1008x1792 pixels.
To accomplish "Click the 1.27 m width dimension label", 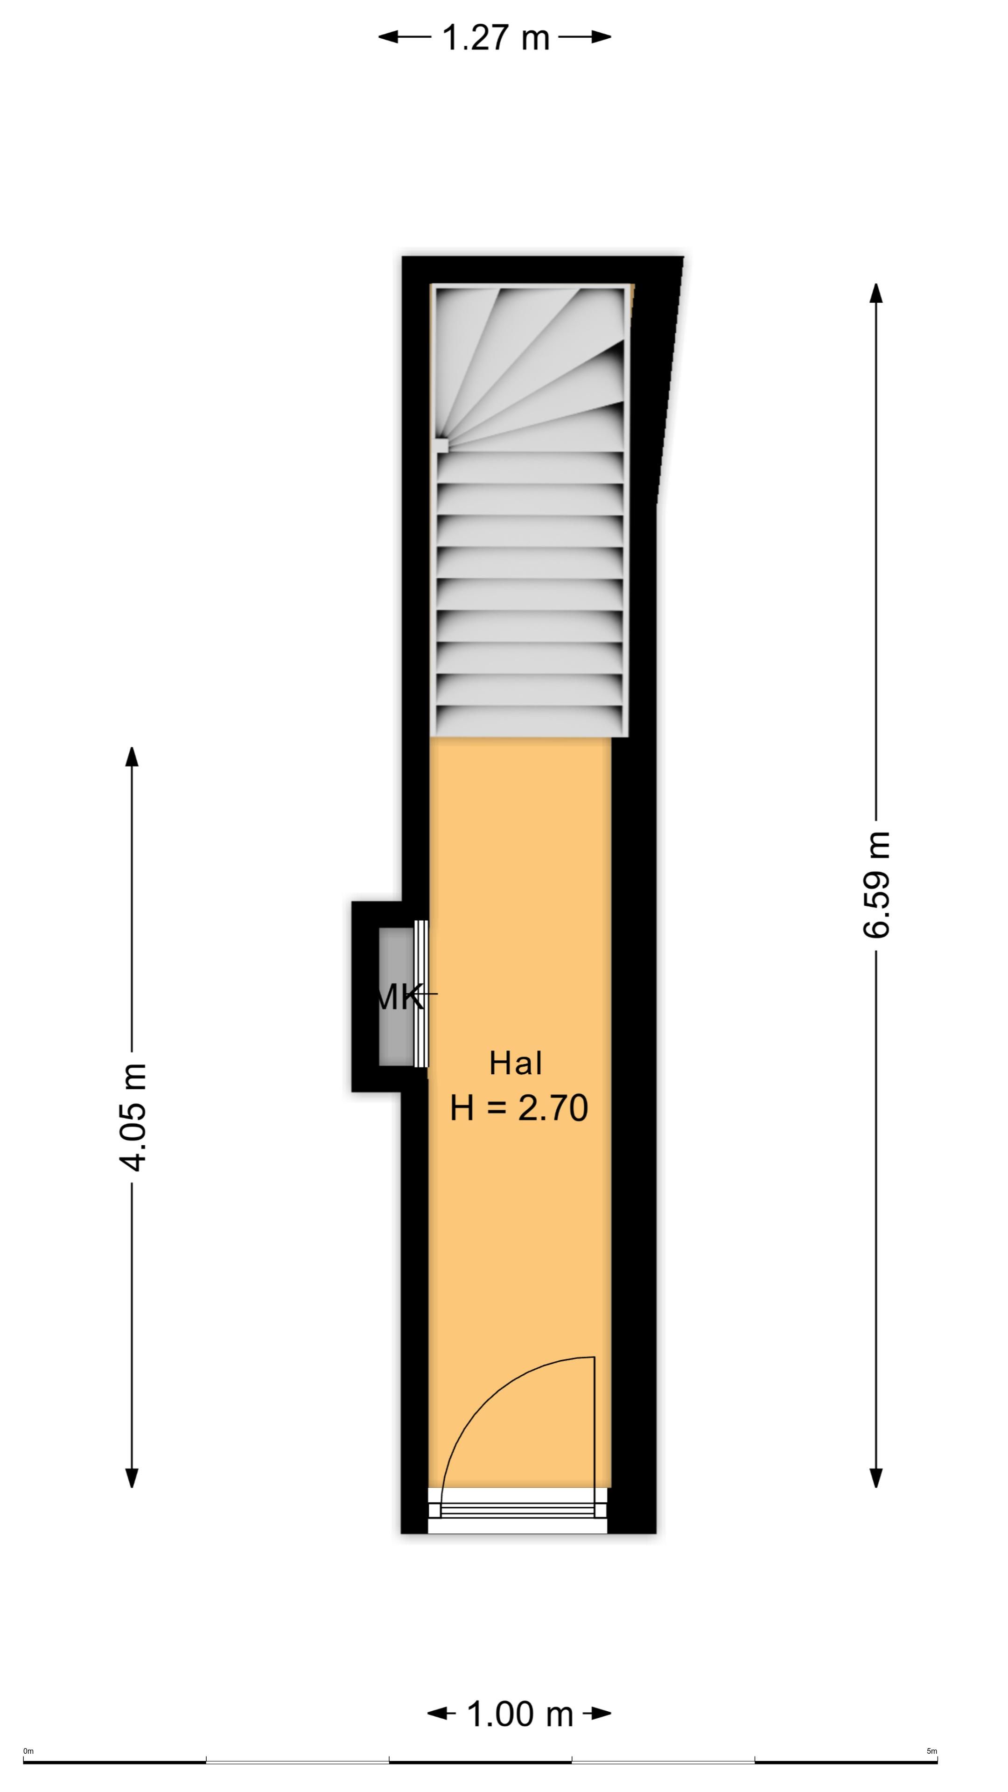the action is click(x=495, y=37).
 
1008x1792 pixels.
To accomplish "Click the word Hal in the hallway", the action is click(x=516, y=1063).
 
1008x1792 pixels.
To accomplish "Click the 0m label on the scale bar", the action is click(x=28, y=1751).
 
